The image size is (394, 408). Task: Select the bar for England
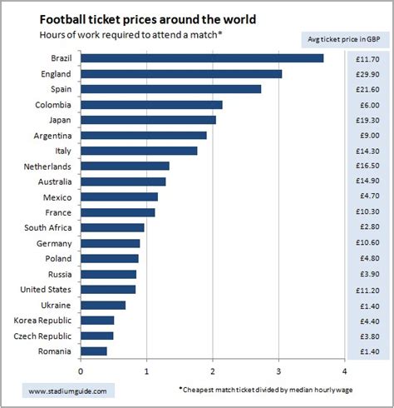point(181,74)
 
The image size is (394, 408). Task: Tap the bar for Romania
point(94,351)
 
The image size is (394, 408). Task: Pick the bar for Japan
point(148,120)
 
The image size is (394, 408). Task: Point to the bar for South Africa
point(112,227)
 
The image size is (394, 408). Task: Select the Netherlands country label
point(49,167)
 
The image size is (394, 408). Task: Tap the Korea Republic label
point(43,320)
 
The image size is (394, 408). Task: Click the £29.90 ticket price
point(367,74)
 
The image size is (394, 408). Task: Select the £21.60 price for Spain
point(367,89)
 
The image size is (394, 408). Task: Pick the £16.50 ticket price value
point(367,167)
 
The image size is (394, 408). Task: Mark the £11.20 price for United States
point(367,289)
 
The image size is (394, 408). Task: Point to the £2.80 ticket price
point(367,227)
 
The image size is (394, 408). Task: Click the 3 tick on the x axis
point(278,371)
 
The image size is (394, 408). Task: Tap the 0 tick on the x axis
point(81,371)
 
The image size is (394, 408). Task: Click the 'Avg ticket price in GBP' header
point(343,38)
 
